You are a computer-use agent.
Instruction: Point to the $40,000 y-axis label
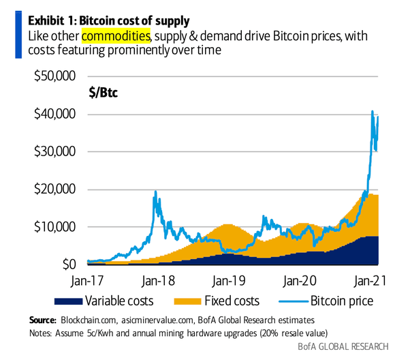tap(54, 115)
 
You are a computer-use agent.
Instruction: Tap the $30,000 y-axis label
tap(54, 151)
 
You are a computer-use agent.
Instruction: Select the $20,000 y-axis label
tap(54, 189)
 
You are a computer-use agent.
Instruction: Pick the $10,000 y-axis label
tap(54, 226)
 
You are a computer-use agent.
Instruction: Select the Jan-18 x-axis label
tap(159, 280)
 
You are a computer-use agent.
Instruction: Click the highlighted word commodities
tap(115, 34)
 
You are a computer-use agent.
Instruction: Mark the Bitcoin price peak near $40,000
tap(372, 112)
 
